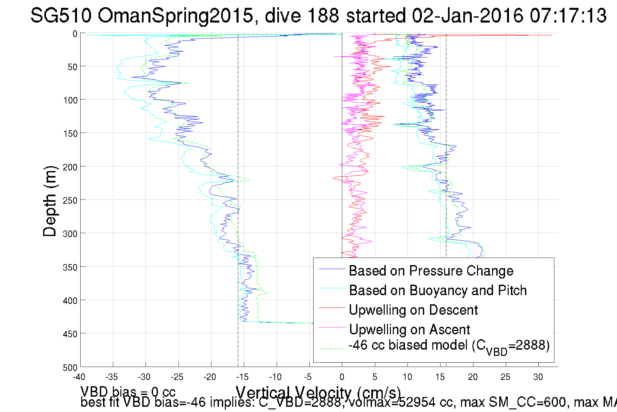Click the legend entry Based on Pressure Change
coord(431,271)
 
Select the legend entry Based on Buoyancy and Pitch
coord(438,290)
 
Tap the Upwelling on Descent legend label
coord(413,310)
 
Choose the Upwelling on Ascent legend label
coord(409,329)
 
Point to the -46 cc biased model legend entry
coord(449,346)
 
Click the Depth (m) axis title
coord(50,201)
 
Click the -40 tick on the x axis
coord(79,377)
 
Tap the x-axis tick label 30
coord(538,377)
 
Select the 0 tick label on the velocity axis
coord(342,377)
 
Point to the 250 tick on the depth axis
coord(70,200)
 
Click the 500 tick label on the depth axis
coord(70,368)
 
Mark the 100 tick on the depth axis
coord(70,100)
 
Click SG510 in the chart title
coord(61,15)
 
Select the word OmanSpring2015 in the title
coord(176,15)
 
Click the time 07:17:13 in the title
coord(568,15)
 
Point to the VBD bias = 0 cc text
coord(128,391)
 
